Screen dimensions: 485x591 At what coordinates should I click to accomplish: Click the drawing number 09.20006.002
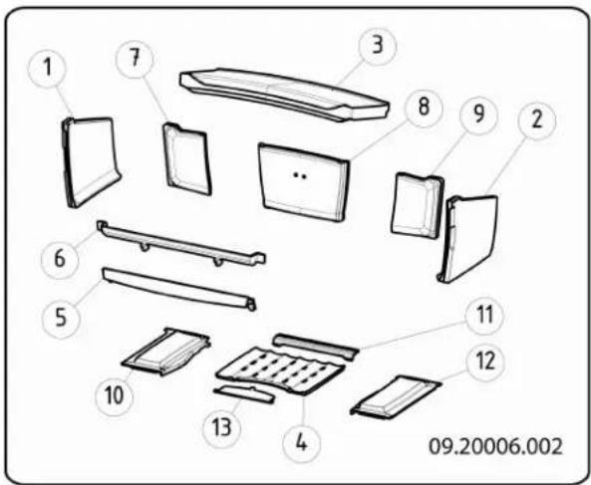coord(495,444)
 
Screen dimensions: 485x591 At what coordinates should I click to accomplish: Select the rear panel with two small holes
coord(303,180)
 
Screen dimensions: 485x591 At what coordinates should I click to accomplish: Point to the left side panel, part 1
coord(92,159)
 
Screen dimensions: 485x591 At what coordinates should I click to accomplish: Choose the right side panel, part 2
coord(470,236)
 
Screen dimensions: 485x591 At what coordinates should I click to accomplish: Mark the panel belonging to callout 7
coord(186,156)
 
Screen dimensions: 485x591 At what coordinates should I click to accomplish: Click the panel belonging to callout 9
coord(417,204)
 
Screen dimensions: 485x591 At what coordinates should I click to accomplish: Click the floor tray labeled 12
coord(395,394)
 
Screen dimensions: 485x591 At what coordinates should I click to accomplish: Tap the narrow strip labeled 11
coord(314,345)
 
